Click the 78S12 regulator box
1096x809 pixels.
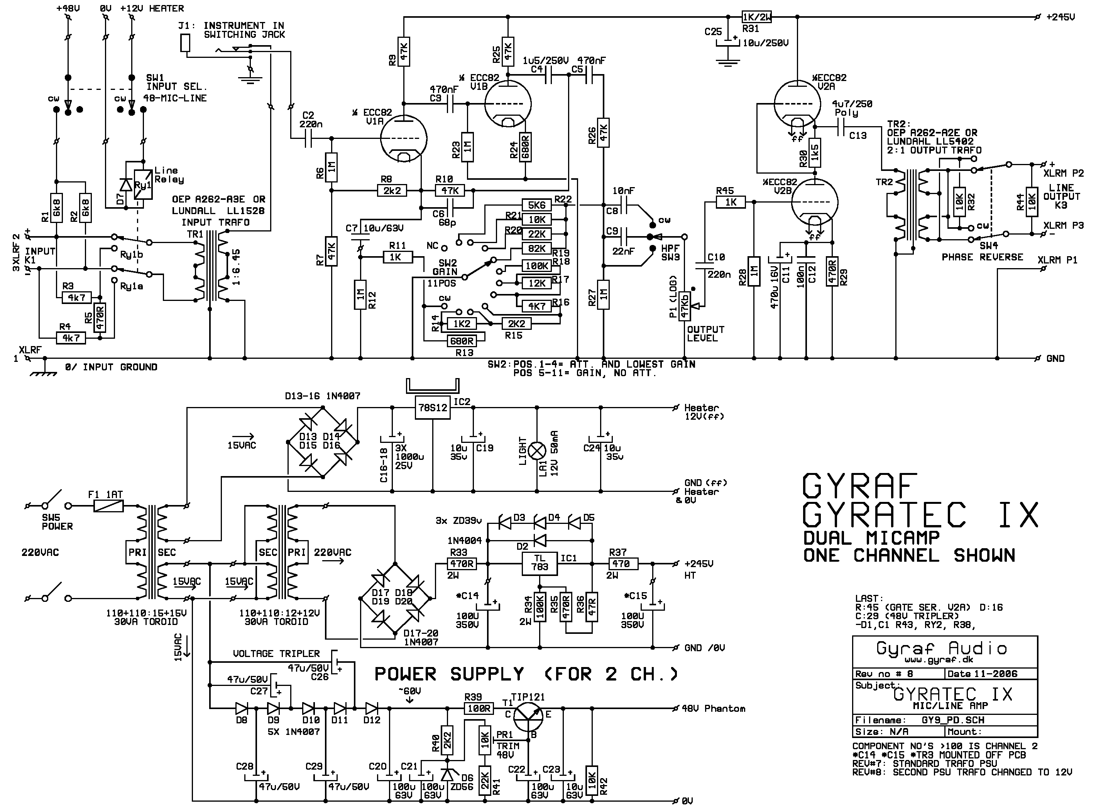433,407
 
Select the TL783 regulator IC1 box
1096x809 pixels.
540,563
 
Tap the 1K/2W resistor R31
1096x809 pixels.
757,17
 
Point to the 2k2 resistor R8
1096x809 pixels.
392,191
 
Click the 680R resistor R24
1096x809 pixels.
526,147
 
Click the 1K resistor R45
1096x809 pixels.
731,202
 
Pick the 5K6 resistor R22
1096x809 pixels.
537,205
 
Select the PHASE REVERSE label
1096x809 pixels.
982,257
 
